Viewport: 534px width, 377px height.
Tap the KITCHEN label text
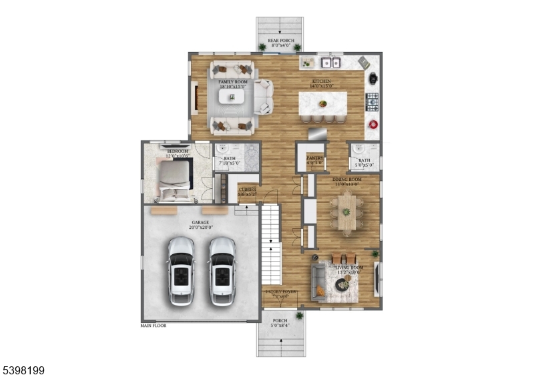pyautogui.click(x=322, y=81)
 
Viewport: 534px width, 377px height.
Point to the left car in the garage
pyautogui.click(x=181, y=270)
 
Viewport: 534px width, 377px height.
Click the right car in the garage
pyautogui.click(x=222, y=270)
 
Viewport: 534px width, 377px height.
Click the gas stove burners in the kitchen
pyautogui.click(x=372, y=102)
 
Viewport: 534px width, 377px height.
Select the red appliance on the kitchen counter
pyautogui.click(x=372, y=124)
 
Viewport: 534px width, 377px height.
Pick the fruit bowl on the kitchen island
pyautogui.click(x=323, y=103)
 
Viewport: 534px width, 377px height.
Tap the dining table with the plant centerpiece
pyautogui.click(x=347, y=213)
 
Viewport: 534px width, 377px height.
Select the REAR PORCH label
pyautogui.click(x=280, y=41)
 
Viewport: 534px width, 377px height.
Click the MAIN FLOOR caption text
pyautogui.click(x=153, y=326)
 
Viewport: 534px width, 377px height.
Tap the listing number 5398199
pyautogui.click(x=23, y=368)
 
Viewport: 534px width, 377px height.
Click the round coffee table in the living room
pyautogui.click(x=342, y=286)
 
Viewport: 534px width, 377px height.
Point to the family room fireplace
pyautogui.click(x=195, y=98)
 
